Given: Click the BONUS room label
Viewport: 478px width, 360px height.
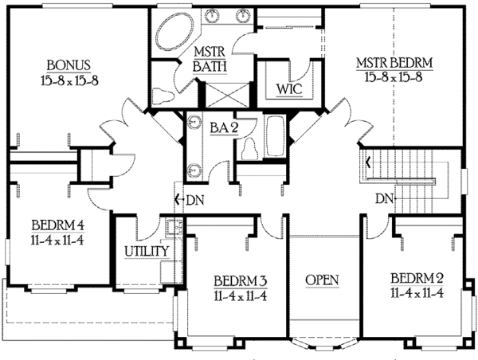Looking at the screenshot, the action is click(69, 65).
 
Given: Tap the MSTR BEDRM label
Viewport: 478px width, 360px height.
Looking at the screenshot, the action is click(394, 63).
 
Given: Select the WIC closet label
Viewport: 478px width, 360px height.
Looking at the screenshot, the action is click(289, 89).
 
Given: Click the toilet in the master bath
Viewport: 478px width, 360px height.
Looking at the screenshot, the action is click(163, 95).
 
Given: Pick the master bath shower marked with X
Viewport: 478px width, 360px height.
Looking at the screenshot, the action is click(228, 95).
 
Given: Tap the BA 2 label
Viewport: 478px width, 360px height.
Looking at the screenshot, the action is click(224, 127).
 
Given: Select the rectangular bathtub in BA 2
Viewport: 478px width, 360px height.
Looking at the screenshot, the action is click(276, 136).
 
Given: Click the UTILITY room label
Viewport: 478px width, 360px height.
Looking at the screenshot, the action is click(147, 251).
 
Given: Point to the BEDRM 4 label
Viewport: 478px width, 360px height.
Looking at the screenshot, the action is click(58, 226).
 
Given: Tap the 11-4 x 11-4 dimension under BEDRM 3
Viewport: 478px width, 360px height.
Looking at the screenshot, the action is click(241, 296).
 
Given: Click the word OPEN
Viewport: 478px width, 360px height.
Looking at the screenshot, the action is click(322, 280).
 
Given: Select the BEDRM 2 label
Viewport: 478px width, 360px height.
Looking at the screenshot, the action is click(417, 278).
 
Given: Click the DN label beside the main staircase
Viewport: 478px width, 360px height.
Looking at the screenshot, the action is click(384, 199).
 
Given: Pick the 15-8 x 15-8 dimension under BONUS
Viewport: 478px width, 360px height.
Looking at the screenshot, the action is click(70, 80).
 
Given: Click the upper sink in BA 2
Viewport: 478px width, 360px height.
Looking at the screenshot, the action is click(193, 122).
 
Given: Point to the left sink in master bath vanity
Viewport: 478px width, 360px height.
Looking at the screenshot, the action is click(211, 15).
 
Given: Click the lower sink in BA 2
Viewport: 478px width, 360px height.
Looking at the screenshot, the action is click(194, 170).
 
